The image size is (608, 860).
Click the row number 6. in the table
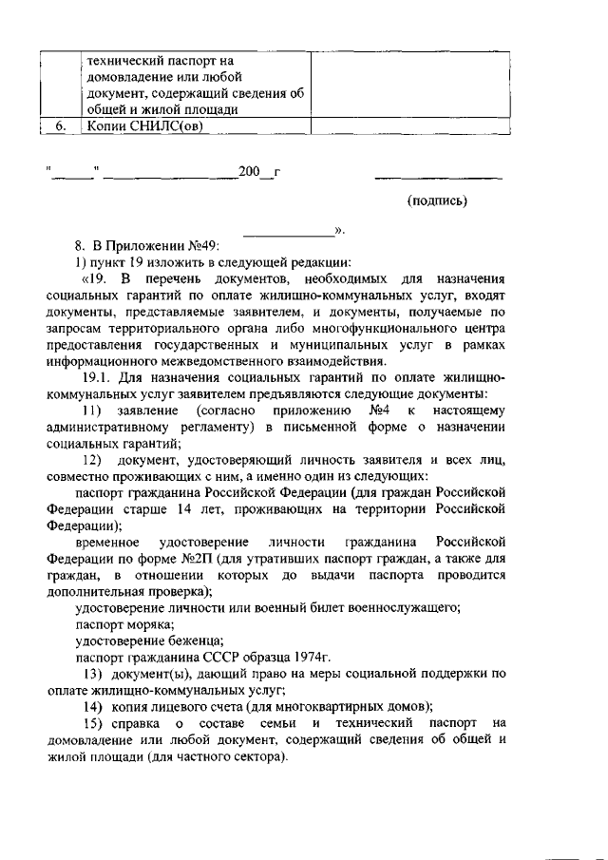[59, 125]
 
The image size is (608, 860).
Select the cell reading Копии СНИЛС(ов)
[141, 125]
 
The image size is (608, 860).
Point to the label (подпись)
[437, 201]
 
